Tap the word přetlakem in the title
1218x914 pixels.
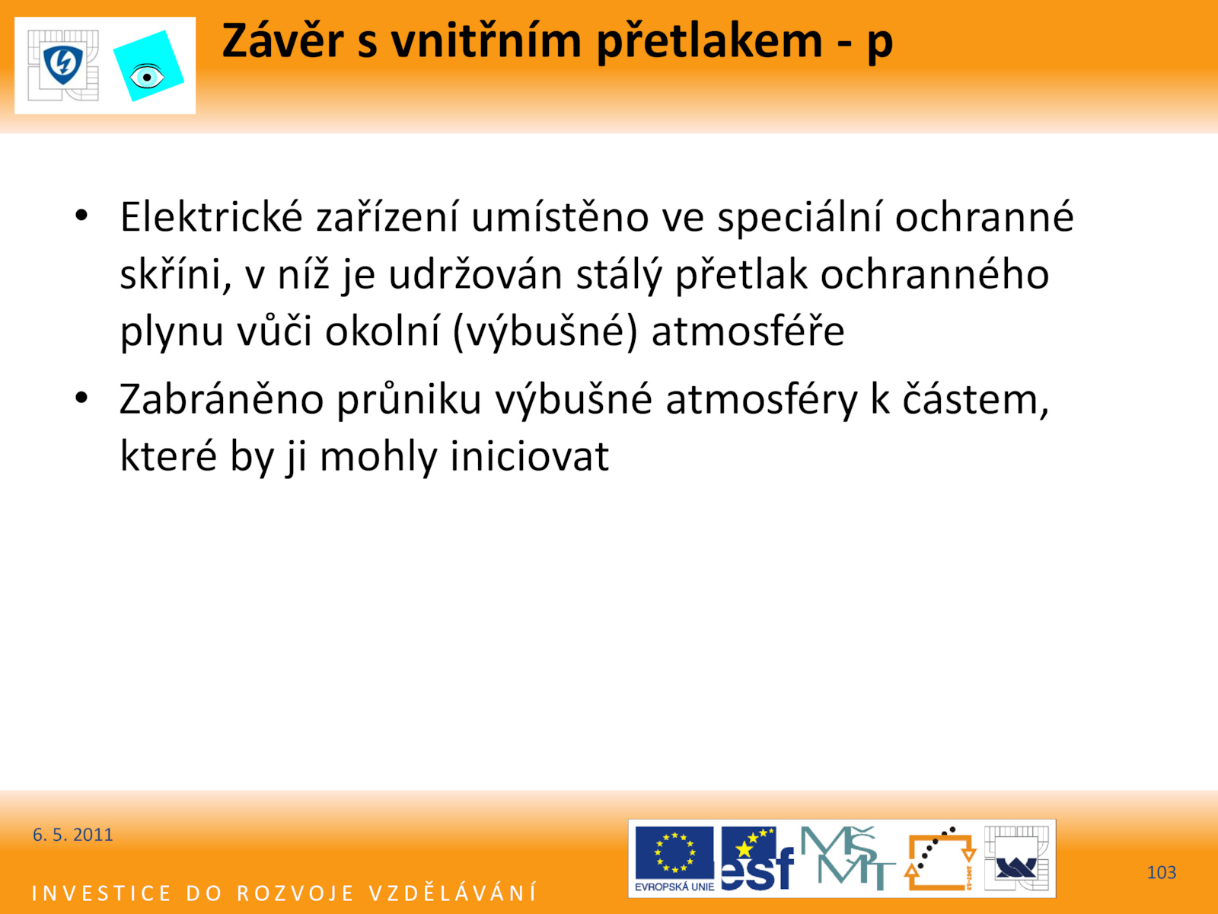[709, 42]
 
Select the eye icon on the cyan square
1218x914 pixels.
[147, 77]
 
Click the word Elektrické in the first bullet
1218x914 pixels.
[212, 217]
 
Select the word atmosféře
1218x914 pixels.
[748, 331]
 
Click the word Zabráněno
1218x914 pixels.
[222, 399]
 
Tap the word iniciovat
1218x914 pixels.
[529, 456]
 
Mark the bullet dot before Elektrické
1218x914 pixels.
[81, 216]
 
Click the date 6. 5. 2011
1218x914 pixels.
[72, 835]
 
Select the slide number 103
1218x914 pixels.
[1161, 872]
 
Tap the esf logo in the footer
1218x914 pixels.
[757, 859]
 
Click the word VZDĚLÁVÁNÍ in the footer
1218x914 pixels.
[453, 893]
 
